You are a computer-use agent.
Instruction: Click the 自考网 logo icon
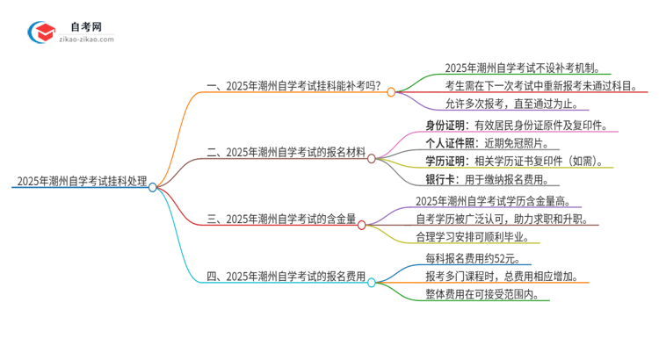click(x=40, y=32)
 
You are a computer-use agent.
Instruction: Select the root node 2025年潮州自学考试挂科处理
click(x=81, y=182)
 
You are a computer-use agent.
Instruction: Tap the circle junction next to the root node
click(x=153, y=187)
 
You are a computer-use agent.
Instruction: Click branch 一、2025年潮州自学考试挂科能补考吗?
click(x=294, y=85)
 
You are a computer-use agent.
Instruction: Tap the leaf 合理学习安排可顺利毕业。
click(x=478, y=237)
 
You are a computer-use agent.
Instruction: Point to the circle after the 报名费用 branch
click(x=372, y=282)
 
